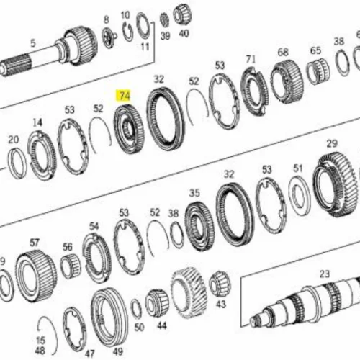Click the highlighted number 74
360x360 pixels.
coord(125,96)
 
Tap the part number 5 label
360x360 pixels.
coord(33,43)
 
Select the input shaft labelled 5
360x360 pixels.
coord(48,51)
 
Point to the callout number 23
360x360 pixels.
coord(325,274)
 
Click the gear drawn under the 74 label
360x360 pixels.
coord(129,130)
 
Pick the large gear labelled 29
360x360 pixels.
coord(334,184)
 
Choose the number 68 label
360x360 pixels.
coord(283,53)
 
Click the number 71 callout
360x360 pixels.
coord(251,59)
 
